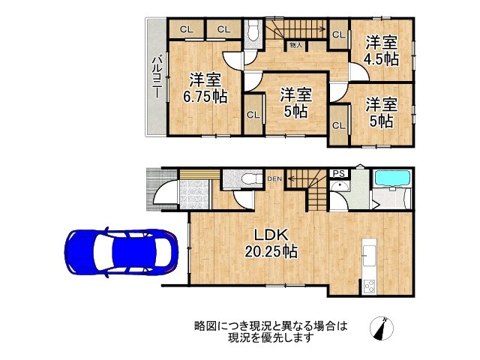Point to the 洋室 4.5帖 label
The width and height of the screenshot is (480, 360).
click(x=381, y=51)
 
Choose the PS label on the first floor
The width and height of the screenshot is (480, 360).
click(x=338, y=173)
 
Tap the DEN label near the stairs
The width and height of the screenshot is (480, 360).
click(x=274, y=178)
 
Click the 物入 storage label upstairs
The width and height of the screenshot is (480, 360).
click(x=295, y=46)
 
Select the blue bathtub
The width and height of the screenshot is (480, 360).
click(x=391, y=181)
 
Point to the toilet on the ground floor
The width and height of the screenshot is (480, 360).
click(x=245, y=181)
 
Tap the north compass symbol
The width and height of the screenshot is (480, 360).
click(x=382, y=328)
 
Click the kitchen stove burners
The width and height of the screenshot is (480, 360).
click(x=369, y=285)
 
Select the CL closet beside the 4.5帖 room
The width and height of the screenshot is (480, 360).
click(x=337, y=34)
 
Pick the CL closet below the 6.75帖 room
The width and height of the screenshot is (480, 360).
click(x=253, y=115)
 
